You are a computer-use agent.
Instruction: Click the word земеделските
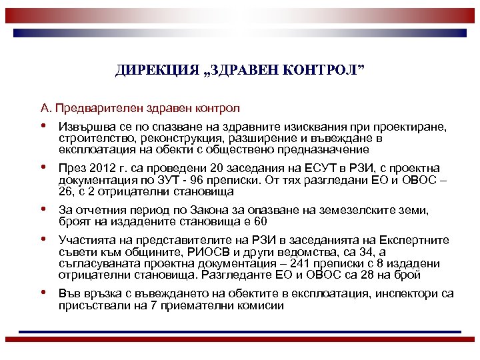346,211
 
